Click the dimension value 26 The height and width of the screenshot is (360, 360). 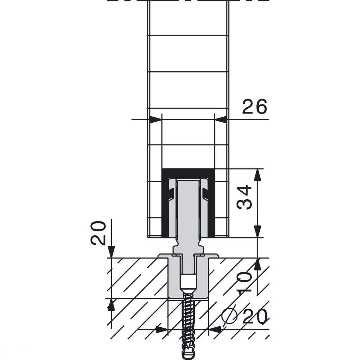pyautogui.click(x=255, y=107)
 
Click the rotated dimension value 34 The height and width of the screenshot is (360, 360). pyautogui.click(x=244, y=197)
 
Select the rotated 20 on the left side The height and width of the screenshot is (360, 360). pyautogui.click(x=98, y=233)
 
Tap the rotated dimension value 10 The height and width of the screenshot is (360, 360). pyautogui.click(x=244, y=283)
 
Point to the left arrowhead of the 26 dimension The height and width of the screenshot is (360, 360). pyautogui.click(x=156, y=120)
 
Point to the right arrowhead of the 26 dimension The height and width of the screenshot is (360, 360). pyautogui.click(x=221, y=120)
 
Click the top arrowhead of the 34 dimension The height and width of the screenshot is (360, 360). pyautogui.click(x=258, y=175)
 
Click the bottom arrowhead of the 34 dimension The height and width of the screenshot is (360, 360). pyautogui.click(x=258, y=231)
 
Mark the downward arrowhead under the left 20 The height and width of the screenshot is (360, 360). pyautogui.click(x=111, y=252)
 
